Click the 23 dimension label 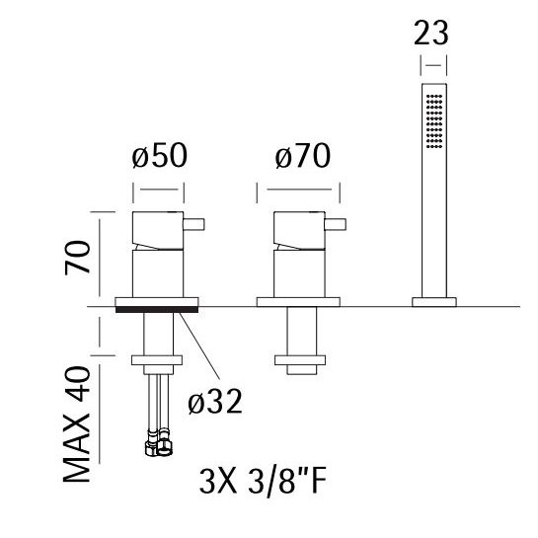pos(431,33)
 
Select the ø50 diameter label pos(160,156)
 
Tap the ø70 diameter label pos(303,156)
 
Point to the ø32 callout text pos(215,402)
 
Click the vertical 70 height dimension pos(77,258)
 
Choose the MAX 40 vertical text pos(77,424)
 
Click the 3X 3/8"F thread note pos(263,482)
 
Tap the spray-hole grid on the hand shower pos(434,121)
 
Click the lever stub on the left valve pos(193,224)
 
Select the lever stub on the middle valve pos(336,224)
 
